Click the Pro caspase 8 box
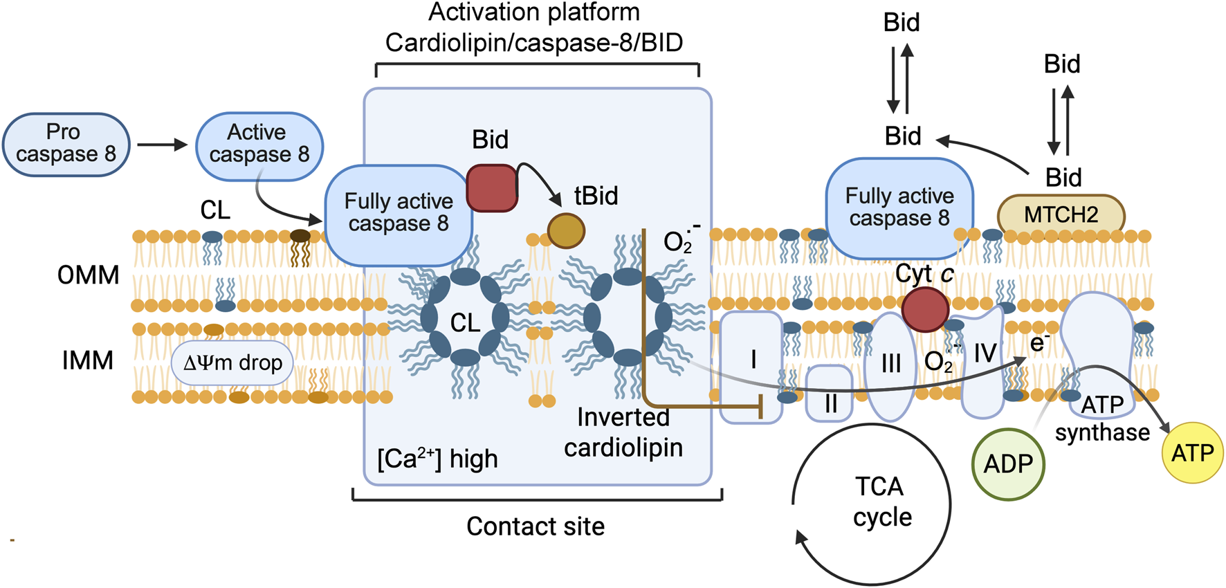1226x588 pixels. pyautogui.click(x=66, y=144)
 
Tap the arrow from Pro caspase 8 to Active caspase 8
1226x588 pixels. pyautogui.click(x=162, y=145)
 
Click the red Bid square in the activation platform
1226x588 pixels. pyautogui.click(x=492, y=187)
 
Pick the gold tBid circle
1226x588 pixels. pyautogui.click(x=566, y=231)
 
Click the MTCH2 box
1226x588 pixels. pyautogui.click(x=1061, y=214)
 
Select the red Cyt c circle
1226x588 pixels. pyautogui.click(x=925, y=309)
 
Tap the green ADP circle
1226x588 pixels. pyautogui.click(x=1008, y=463)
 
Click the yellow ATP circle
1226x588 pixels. pyautogui.click(x=1192, y=453)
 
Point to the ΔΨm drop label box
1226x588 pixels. pyautogui.click(x=232, y=362)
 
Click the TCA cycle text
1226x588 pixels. pyautogui.click(x=880, y=502)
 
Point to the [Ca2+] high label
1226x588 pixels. pyautogui.click(x=437, y=459)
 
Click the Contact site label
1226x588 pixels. pyautogui.click(x=536, y=526)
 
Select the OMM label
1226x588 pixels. pyautogui.click(x=88, y=275)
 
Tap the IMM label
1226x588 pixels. pyautogui.click(x=87, y=360)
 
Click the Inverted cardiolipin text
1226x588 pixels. pyautogui.click(x=623, y=432)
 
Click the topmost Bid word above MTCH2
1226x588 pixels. pyautogui.click(x=1061, y=64)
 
